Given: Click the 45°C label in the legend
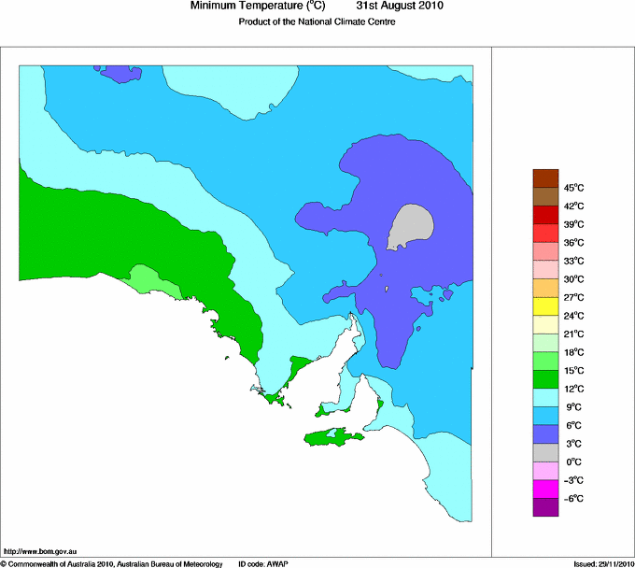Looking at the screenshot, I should pos(573,188).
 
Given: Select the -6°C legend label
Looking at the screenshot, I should pos(573,499).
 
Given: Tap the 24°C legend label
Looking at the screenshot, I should pos(573,316).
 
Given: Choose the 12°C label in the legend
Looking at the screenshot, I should pos(573,389).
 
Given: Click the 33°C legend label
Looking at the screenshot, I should pos(573,261).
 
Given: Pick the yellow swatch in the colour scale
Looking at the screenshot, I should pos(545,306).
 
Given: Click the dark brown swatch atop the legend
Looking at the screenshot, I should pos(545,177).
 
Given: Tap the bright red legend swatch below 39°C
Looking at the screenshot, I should pos(545,234).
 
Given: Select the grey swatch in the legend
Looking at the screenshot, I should pos(545,453).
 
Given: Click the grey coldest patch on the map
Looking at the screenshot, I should pos(411,225).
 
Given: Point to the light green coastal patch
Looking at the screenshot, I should pos(148,277).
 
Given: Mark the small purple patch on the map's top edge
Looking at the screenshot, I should pos(120,73).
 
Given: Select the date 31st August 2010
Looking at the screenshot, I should pos(400,7).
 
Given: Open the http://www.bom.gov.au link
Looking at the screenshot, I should pos(40,551).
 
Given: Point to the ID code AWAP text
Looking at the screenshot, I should pos(265,563).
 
